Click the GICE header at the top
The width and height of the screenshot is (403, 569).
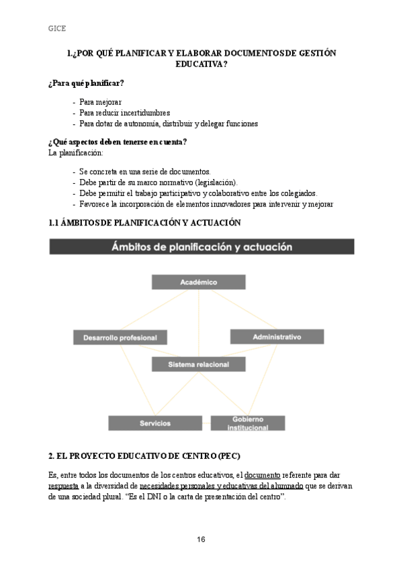57,28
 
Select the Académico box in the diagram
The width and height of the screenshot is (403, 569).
198,282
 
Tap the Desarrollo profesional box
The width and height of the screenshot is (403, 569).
120,338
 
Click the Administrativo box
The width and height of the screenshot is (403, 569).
277,336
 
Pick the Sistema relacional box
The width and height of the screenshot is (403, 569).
198,364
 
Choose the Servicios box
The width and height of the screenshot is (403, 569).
155,423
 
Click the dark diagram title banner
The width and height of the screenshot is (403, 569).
201,247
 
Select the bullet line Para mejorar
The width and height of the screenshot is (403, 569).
100,102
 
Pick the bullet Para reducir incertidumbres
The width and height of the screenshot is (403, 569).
124,113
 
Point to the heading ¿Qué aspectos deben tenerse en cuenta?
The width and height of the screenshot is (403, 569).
118,142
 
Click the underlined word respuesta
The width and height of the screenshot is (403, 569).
63,486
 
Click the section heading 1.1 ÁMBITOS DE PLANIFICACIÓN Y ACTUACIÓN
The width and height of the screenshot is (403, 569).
144,222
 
